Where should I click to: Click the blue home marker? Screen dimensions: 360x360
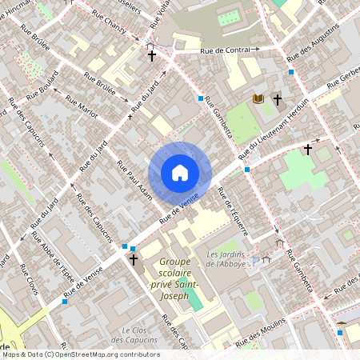tap(180, 172)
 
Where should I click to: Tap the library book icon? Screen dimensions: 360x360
tap(258, 98)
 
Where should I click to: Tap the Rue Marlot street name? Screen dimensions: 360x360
tap(82, 108)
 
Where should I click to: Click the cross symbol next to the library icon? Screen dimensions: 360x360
tap(278, 100)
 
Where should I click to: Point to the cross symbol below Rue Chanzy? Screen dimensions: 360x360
tap(151, 56)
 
